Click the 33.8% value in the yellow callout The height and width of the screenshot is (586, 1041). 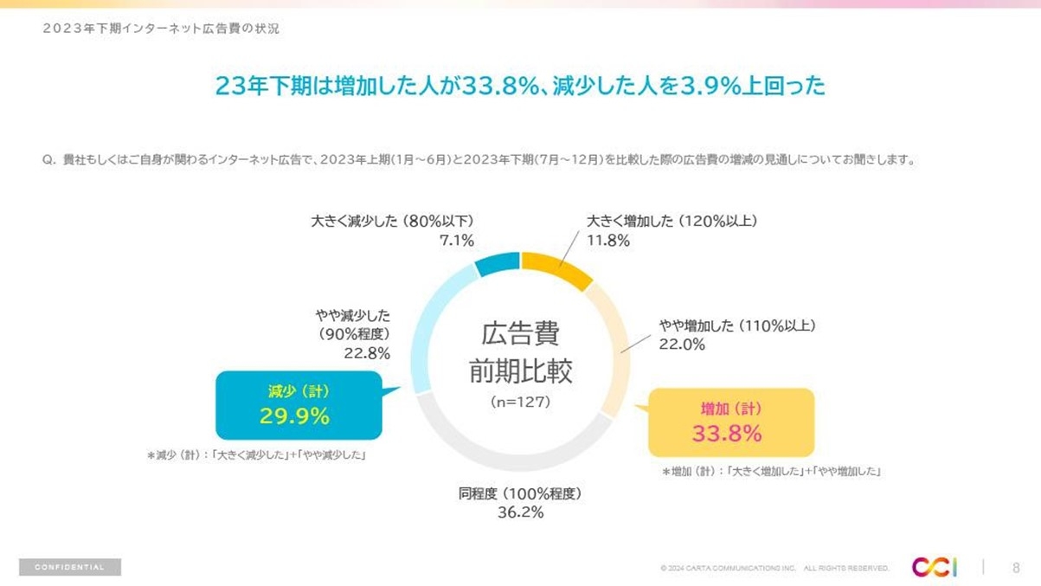pos(727,434)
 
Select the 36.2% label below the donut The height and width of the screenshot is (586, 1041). pos(520,512)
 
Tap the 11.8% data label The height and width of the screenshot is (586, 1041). pos(608,241)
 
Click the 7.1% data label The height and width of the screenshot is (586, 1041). pos(457,241)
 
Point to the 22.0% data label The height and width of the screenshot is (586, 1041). pos(682,345)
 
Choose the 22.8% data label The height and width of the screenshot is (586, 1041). pos(368,353)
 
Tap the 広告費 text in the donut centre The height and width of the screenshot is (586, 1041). pos(520,334)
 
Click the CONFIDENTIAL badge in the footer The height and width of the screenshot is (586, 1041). pos(70,567)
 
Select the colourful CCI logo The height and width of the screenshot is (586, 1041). pos(934,567)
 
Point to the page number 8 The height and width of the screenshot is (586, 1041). pos(1016,568)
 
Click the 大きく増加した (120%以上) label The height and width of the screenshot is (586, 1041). pos(672,221)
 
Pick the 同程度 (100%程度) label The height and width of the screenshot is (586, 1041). pos(520,494)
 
